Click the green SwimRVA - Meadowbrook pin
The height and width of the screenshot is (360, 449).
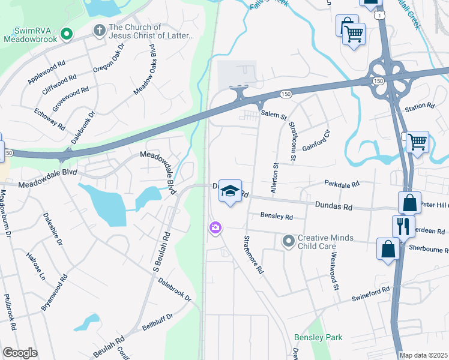click(x=66, y=35)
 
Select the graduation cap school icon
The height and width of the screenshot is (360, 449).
click(x=229, y=191)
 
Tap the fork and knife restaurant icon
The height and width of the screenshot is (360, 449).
click(x=403, y=226)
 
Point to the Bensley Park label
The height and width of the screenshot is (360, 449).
click(x=318, y=338)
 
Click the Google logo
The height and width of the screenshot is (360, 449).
click(x=20, y=353)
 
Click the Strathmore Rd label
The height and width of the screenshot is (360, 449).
click(x=253, y=254)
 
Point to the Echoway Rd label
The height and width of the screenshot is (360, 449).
click(x=49, y=119)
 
